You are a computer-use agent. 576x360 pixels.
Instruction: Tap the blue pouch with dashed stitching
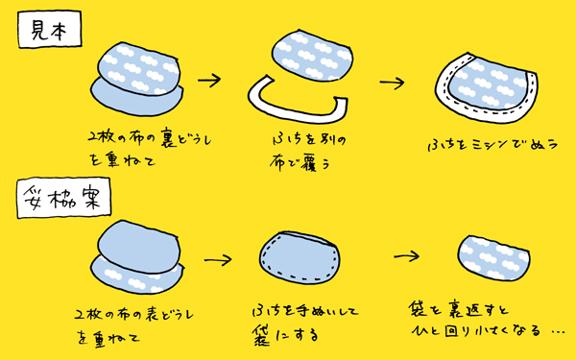[x=300, y=260]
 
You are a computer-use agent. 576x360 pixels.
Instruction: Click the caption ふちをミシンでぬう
[x=490, y=146]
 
